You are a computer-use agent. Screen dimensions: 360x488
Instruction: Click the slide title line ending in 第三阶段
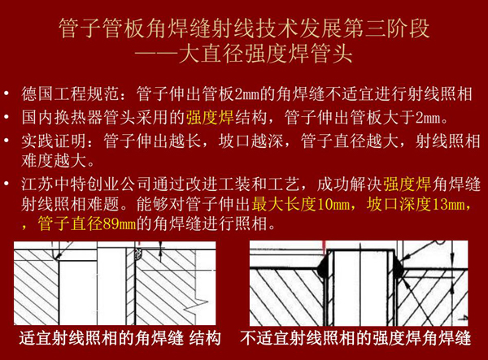coord(244,31)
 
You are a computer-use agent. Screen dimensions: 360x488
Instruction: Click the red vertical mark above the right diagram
coord(323,245)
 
